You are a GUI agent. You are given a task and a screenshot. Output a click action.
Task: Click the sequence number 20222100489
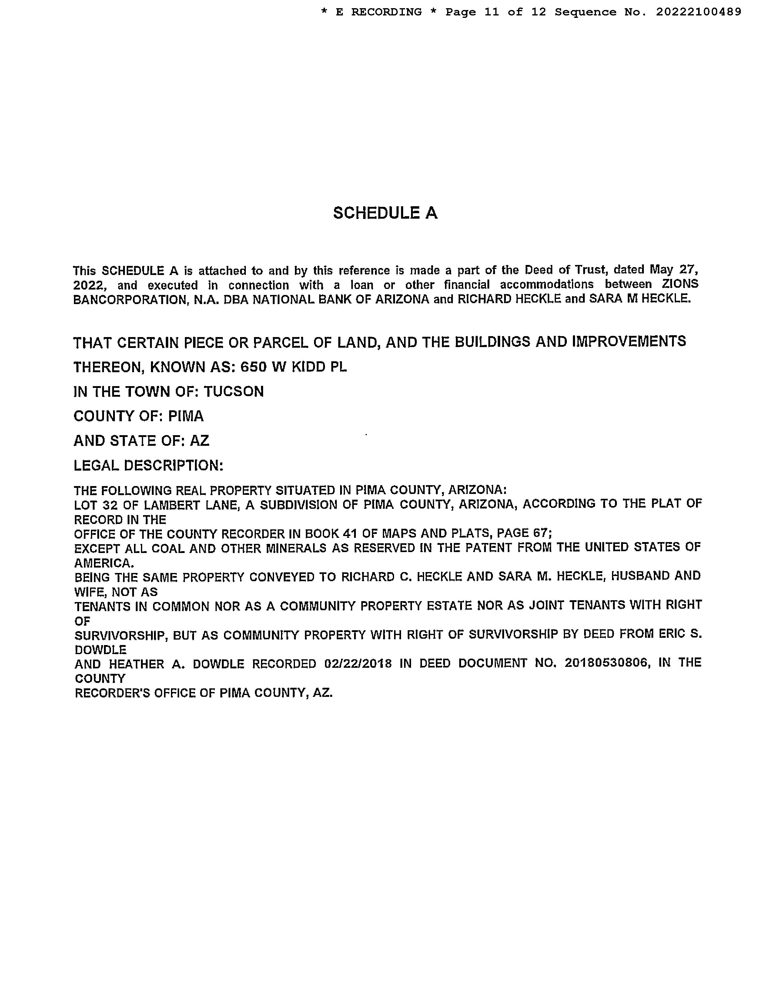(x=698, y=12)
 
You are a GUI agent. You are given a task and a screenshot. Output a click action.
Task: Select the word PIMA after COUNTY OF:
(x=186, y=416)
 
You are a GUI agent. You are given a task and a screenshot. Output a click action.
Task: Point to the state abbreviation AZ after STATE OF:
(x=199, y=441)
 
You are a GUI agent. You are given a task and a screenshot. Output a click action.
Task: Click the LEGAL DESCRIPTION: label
(x=149, y=466)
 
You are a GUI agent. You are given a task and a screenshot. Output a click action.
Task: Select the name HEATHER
(x=136, y=664)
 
